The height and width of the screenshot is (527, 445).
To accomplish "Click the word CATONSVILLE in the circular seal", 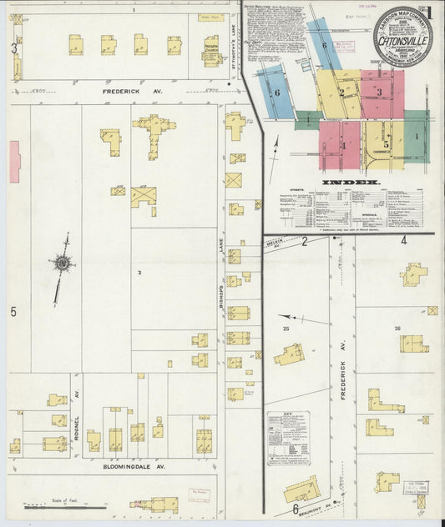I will (403, 38).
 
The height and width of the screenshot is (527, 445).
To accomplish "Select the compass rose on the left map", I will (62, 263).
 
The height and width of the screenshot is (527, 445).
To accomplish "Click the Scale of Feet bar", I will (58, 504).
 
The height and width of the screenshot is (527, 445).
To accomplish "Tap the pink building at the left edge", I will (14, 161).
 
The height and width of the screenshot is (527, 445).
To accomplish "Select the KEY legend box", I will (287, 439).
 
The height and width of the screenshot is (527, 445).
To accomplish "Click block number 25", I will (286, 330).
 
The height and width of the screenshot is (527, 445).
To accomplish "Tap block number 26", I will (398, 329).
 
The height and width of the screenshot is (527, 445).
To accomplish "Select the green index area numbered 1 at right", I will (416, 134).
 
